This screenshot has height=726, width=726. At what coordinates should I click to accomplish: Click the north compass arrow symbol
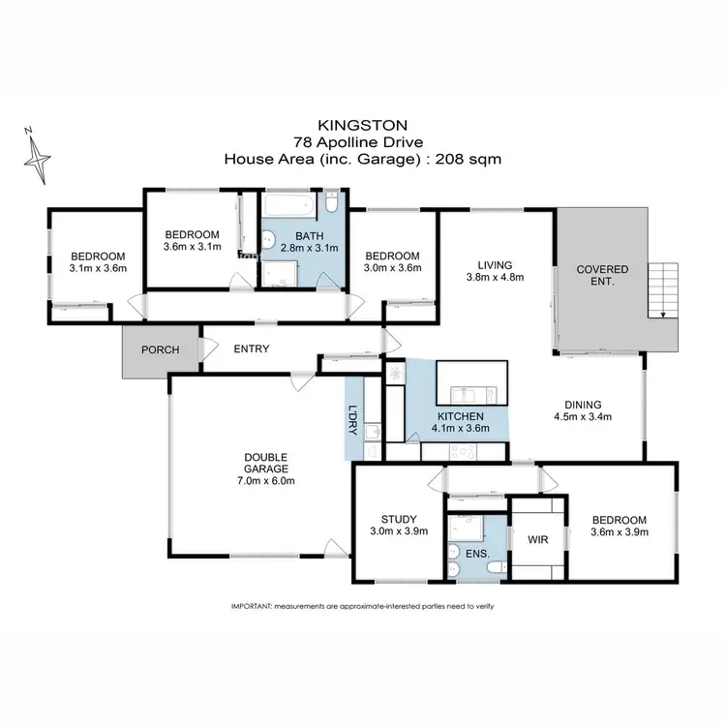tap(40, 156)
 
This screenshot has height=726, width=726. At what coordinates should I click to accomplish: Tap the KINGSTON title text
tap(362, 125)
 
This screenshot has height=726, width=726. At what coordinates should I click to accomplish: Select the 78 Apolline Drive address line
tap(362, 142)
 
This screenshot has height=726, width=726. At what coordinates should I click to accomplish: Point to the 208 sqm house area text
tap(473, 160)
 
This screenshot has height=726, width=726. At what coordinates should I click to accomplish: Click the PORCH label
tap(160, 349)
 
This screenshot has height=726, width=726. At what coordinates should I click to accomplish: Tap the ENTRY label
tap(251, 349)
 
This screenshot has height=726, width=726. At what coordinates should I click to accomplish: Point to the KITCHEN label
tap(460, 416)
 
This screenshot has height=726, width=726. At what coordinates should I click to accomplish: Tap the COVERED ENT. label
tap(602, 275)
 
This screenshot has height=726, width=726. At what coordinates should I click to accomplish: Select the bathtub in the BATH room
tap(289, 206)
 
